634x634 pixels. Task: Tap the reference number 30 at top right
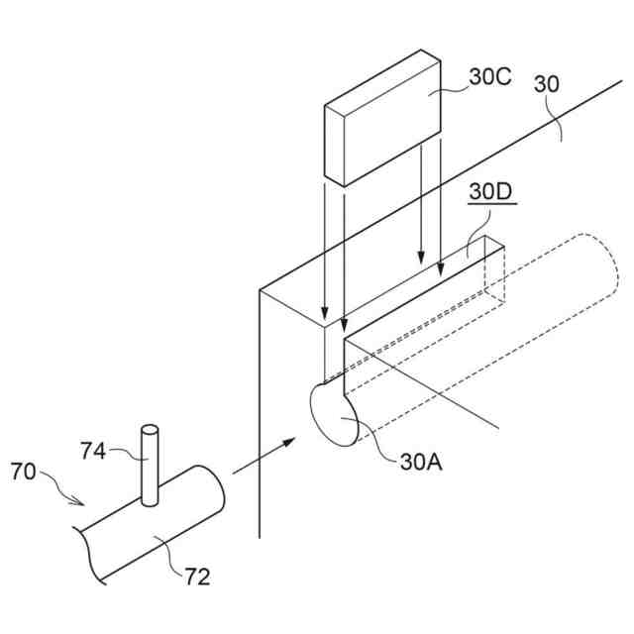(547, 85)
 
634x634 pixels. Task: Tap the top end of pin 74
(149, 430)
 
